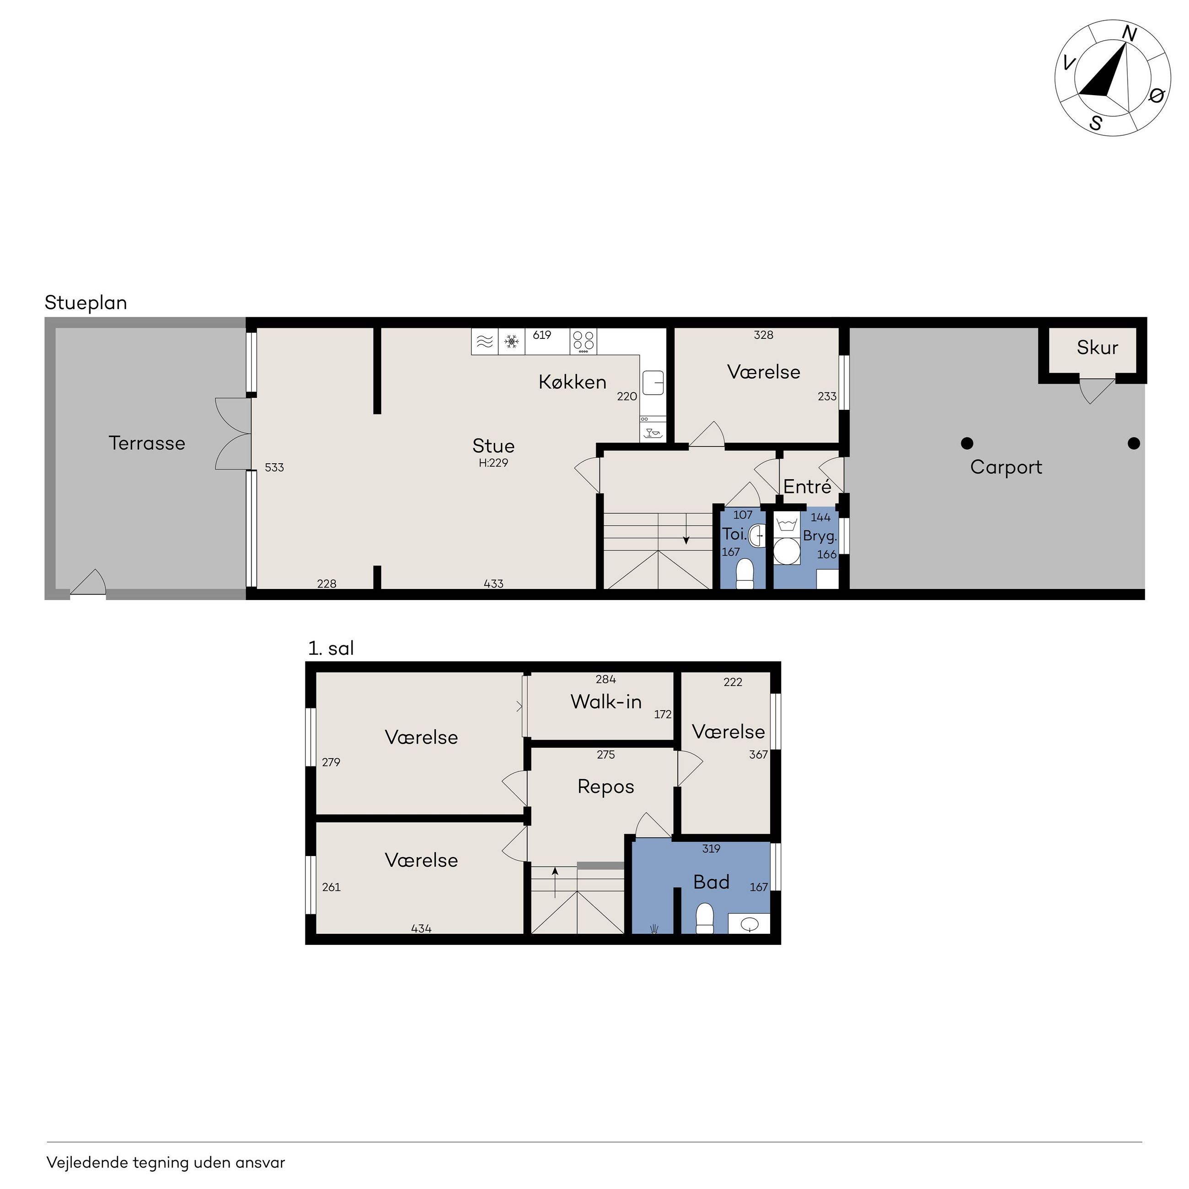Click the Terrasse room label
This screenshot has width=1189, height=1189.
(147, 443)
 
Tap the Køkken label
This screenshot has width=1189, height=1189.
(573, 382)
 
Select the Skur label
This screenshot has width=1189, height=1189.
(1097, 348)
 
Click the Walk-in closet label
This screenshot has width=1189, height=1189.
(606, 702)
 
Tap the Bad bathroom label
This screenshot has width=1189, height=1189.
(712, 882)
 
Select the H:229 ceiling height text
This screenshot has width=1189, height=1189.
(493, 463)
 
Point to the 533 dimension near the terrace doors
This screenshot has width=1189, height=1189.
(274, 468)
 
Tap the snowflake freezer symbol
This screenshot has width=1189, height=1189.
(511, 342)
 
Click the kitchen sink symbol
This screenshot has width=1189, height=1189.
(653, 383)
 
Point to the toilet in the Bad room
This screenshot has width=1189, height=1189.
(704, 918)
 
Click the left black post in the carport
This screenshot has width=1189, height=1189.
(967, 443)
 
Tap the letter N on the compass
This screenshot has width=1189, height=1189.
(1129, 33)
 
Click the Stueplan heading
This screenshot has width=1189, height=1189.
(86, 303)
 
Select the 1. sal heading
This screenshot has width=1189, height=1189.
(331, 648)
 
